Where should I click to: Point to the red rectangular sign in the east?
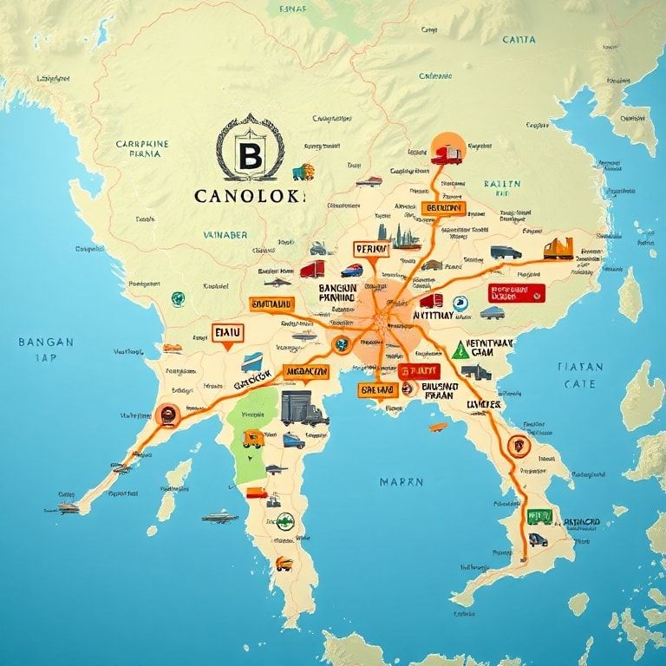(x=517, y=293)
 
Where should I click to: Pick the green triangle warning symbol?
(x=460, y=349)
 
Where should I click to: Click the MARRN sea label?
(x=402, y=481)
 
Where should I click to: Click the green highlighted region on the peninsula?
(x=252, y=434)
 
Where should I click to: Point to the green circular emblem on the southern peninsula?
(x=284, y=521)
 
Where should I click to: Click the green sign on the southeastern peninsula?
(x=539, y=517)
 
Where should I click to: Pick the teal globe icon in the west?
(x=179, y=299)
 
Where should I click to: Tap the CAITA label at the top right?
(x=519, y=39)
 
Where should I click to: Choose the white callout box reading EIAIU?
(x=228, y=332)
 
